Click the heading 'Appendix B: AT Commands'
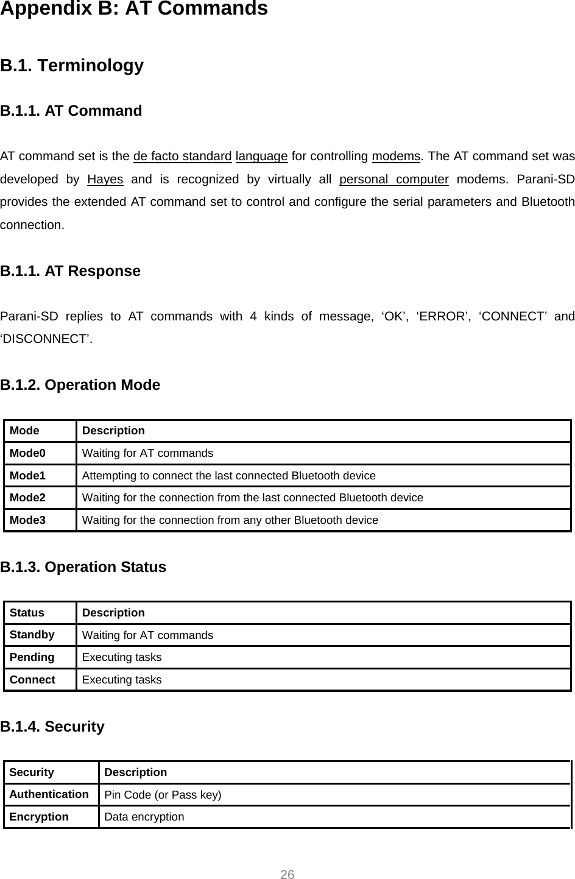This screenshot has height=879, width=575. pyautogui.click(x=134, y=10)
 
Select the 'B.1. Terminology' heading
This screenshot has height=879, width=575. pyautogui.click(x=72, y=66)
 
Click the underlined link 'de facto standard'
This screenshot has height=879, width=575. pyautogui.click(x=182, y=157)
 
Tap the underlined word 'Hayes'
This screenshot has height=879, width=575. pyautogui.click(x=105, y=180)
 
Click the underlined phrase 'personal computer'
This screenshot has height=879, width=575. pyautogui.click(x=393, y=180)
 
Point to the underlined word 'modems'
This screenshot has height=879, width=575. pyautogui.click(x=396, y=157)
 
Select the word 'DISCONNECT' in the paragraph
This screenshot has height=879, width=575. pyautogui.click(x=47, y=339)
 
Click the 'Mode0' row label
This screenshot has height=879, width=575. pyautogui.click(x=27, y=453)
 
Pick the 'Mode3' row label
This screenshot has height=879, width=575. pyautogui.click(x=27, y=520)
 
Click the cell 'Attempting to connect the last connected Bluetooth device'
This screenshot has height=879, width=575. pyautogui.click(x=228, y=476)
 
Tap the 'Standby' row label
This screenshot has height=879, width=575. pyautogui.click(x=32, y=635)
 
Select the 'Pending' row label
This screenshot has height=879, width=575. pyautogui.click(x=32, y=657)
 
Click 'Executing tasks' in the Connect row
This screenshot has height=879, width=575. pyautogui.click(x=122, y=680)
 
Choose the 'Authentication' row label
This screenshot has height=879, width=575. pyautogui.click(x=49, y=794)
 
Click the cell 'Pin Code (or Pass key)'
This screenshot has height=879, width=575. pyautogui.click(x=163, y=795)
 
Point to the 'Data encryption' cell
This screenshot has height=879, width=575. pyautogui.click(x=144, y=817)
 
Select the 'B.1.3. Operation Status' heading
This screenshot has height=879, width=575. pyautogui.click(x=83, y=567)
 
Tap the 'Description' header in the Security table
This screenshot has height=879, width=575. pyautogui.click(x=135, y=772)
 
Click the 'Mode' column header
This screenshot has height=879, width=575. pyautogui.click(x=24, y=431)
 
